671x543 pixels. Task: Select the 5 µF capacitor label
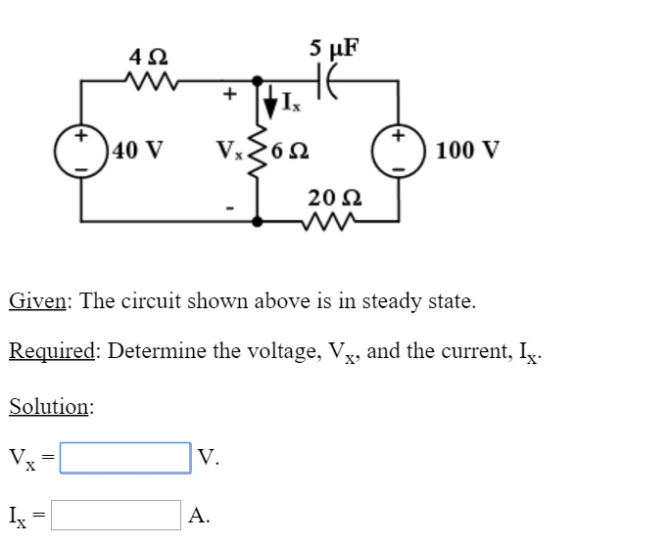[334, 46]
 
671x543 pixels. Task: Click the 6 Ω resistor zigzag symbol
[259, 152]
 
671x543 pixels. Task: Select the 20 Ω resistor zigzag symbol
[330, 221]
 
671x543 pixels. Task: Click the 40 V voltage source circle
[83, 151]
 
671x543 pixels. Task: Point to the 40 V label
[138, 152]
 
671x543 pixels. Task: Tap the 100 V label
[468, 152]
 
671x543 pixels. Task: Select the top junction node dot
[258, 83]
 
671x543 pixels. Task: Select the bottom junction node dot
[258, 221]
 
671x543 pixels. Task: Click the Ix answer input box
[116, 515]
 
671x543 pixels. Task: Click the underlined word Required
[52, 352]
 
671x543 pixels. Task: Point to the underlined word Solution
[50, 406]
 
